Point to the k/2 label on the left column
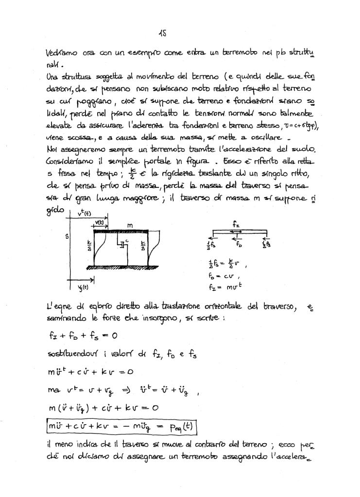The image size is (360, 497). [x=90, y=248]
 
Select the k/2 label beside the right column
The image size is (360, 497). [x=143, y=248]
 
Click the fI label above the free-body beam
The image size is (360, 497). [x=235, y=225]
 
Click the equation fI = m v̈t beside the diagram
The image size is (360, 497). [x=222, y=287]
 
